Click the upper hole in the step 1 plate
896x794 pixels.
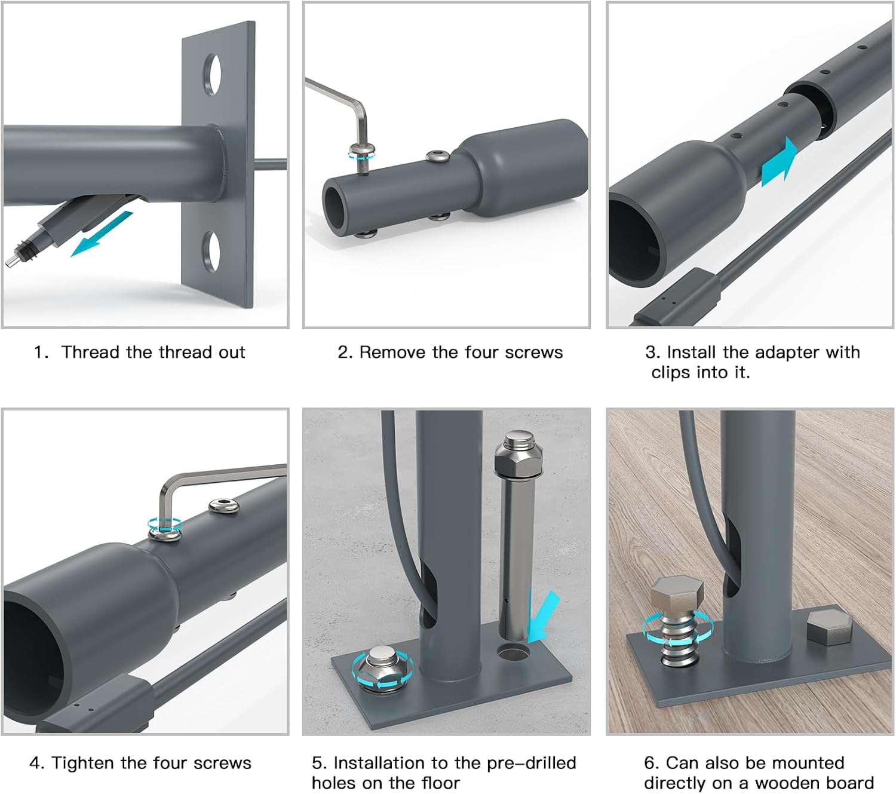point(212,74)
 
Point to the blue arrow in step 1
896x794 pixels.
point(102,234)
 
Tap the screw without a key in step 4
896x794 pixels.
point(224,505)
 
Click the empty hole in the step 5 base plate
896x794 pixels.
point(514,652)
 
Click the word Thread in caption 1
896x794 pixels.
point(91,352)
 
